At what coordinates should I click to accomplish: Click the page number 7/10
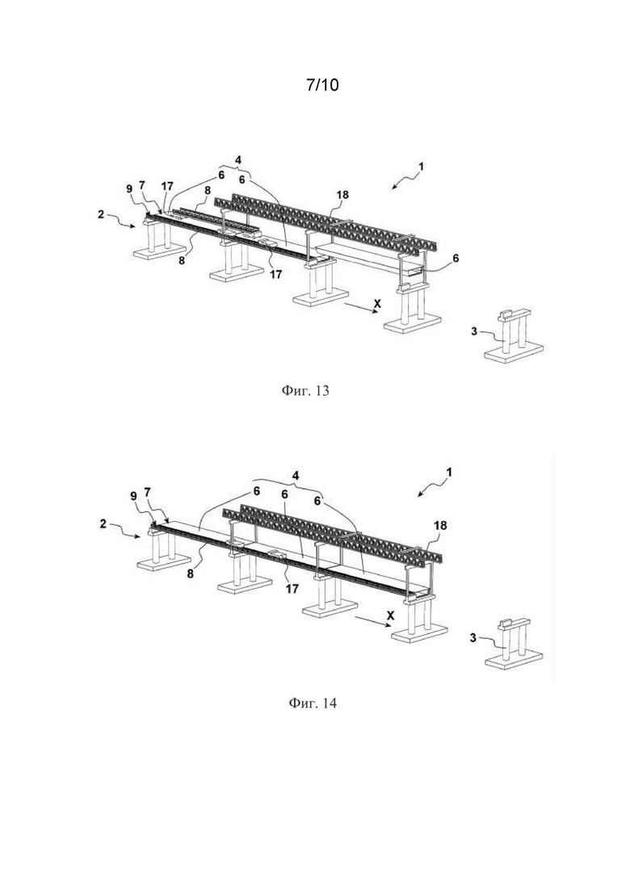tap(322, 86)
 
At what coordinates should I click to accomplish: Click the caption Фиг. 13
tap(305, 391)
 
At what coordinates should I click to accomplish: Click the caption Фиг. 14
tap(313, 703)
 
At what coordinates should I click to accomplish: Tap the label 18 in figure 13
tap(342, 195)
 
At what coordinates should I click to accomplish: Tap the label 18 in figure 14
tap(440, 526)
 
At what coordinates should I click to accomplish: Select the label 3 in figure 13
tap(474, 331)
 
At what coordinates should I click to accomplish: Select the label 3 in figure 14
tap(473, 638)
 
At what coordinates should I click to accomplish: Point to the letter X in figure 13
tap(376, 305)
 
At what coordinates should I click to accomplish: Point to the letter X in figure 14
tap(389, 615)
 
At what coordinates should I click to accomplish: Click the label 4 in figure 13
tap(239, 159)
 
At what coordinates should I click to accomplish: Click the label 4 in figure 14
tap(296, 474)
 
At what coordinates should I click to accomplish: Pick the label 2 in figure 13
tap(100, 215)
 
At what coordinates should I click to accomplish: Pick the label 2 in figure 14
tap(103, 523)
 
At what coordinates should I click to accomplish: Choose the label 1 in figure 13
tap(421, 167)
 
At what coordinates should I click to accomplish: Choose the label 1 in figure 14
tap(449, 473)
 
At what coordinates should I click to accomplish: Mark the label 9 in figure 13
tap(129, 188)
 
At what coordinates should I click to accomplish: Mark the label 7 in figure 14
tap(148, 492)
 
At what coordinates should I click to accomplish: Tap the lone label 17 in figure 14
tap(292, 589)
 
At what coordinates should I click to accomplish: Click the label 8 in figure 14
tap(191, 574)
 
